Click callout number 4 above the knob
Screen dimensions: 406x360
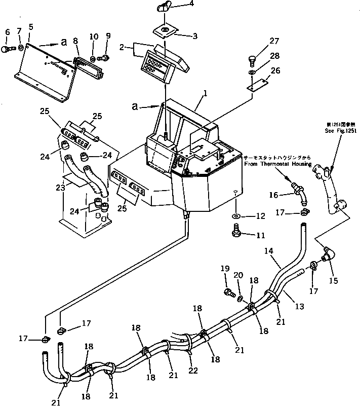163,5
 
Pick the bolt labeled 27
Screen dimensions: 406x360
254,61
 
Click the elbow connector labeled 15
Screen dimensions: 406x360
328,252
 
